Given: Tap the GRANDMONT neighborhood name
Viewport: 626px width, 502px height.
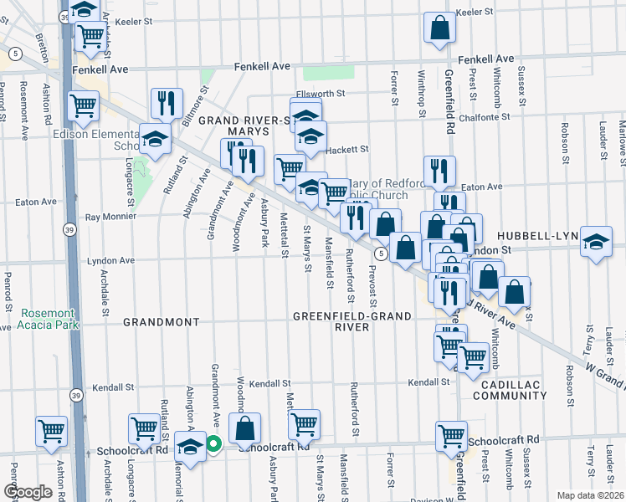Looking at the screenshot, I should pos(161,321).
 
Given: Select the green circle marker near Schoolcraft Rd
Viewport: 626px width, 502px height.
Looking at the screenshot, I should pos(213,444).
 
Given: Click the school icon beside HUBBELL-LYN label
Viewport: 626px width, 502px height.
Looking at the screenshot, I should pos(595,241).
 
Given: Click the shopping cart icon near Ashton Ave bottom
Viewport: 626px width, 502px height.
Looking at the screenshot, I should pos(51,431).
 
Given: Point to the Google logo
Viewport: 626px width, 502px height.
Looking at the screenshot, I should pos(28,491).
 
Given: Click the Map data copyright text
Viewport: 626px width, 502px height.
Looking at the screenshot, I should pos(591,495).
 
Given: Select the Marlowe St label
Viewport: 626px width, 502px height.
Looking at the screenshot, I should pos(622,138).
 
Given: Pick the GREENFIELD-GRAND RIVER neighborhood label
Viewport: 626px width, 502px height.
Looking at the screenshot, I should pos(351,321).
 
